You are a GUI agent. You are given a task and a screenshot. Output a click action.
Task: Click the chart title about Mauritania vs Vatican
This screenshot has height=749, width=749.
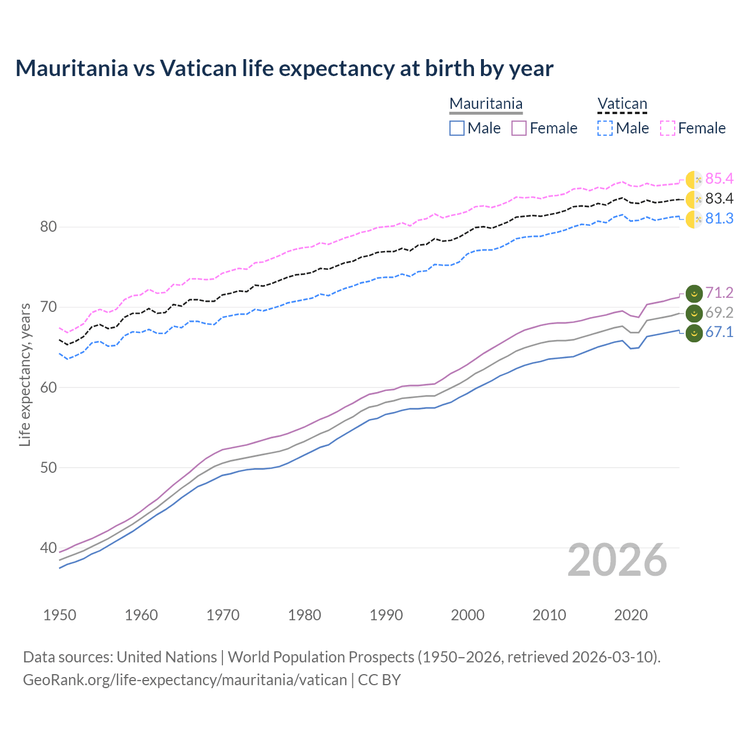(284, 68)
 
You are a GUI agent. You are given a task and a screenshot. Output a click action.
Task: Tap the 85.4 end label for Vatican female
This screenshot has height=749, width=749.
(719, 178)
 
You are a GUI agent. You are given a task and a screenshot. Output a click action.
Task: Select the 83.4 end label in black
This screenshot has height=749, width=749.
(719, 198)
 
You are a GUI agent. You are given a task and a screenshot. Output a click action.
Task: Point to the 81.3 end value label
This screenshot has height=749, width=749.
(719, 218)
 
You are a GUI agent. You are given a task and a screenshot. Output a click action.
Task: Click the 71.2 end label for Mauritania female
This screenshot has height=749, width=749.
(719, 293)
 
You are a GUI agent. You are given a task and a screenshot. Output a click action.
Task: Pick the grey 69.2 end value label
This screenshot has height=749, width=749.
(719, 312)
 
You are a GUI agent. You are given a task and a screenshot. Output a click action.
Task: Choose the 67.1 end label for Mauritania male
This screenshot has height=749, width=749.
(719, 332)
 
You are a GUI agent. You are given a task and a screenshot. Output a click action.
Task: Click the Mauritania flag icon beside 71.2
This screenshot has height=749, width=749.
(694, 293)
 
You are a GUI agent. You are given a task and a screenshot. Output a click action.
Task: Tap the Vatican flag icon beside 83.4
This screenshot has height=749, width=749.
(694, 200)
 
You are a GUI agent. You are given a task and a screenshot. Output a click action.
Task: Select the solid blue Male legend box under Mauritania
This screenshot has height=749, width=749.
(457, 128)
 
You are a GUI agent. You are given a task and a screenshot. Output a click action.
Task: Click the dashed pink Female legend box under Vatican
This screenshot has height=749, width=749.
(668, 128)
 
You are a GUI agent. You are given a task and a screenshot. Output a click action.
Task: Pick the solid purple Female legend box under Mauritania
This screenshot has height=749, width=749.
(519, 128)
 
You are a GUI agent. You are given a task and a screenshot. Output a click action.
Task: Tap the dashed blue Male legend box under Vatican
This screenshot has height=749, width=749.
(605, 128)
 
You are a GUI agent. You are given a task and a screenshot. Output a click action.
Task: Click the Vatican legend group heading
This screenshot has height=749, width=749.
(622, 104)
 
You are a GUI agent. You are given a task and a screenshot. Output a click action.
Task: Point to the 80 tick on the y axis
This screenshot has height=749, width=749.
(48, 226)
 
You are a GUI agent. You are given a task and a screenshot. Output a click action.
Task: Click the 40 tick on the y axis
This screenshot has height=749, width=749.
(48, 548)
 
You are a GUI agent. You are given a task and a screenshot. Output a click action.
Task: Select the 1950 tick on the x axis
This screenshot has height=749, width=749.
(60, 615)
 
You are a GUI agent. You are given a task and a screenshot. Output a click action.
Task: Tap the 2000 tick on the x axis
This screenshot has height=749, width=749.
(468, 615)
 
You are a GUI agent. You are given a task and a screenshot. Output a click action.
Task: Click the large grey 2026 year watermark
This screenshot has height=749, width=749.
(617, 560)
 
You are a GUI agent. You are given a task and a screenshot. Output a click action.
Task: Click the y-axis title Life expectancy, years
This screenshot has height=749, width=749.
(25, 374)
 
